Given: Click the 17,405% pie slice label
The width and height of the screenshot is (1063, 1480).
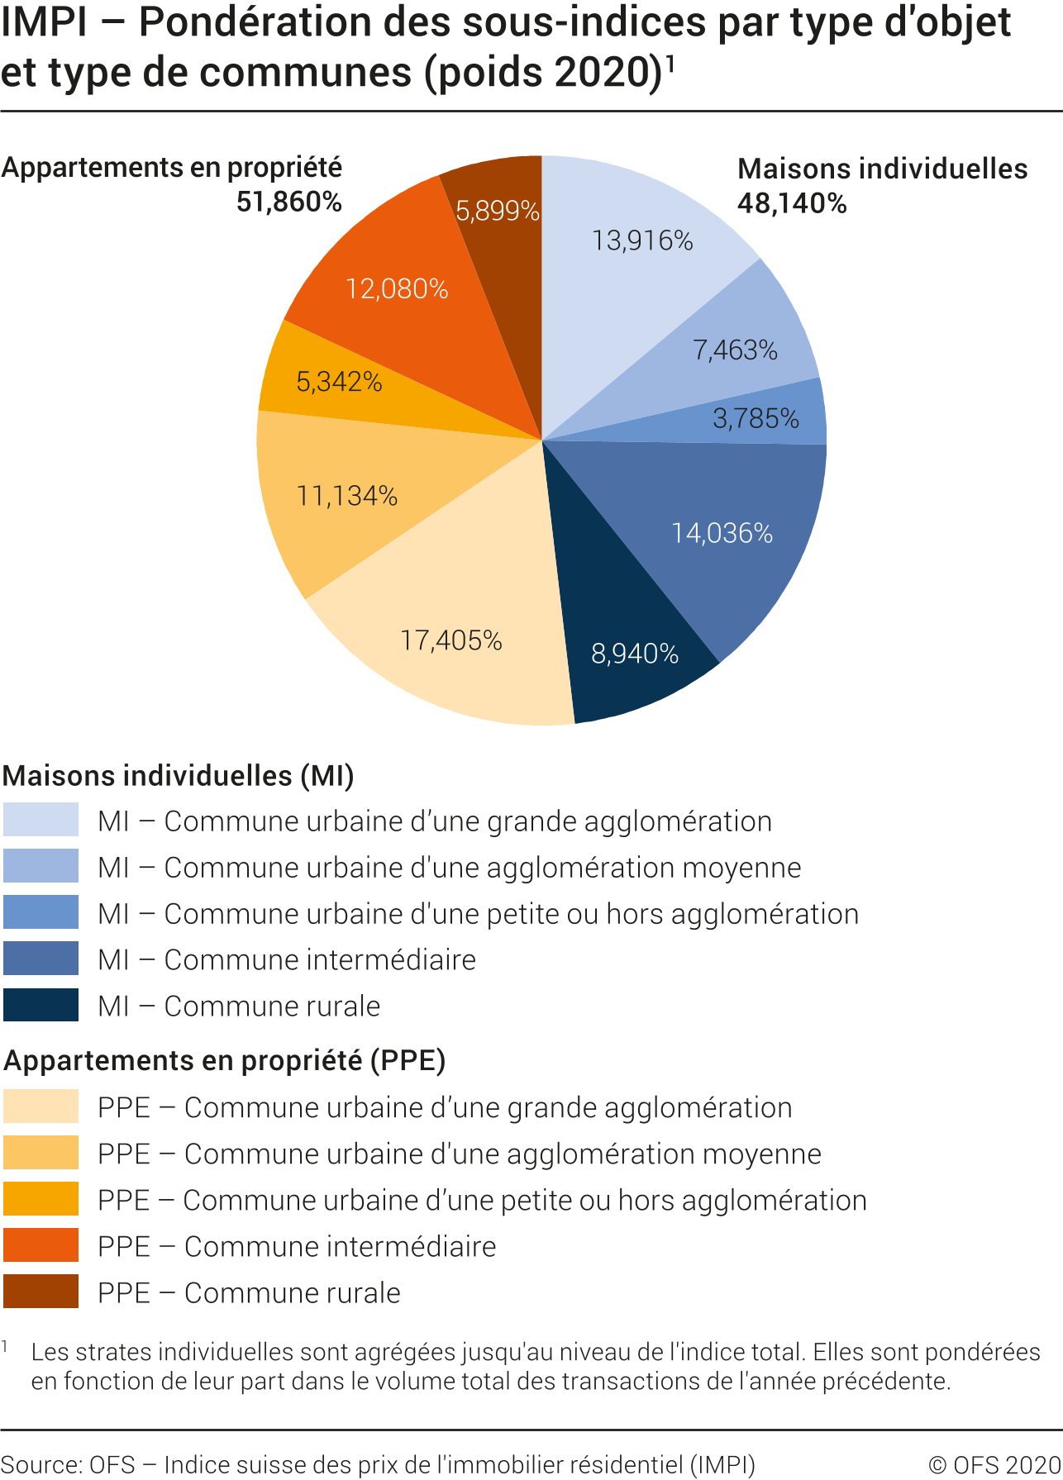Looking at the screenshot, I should pyautogui.click(x=451, y=640).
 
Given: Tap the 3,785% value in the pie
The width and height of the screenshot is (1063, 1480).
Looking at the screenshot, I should pyautogui.click(x=756, y=418).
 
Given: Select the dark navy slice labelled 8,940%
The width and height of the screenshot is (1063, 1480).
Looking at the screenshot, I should pyautogui.click(x=634, y=654).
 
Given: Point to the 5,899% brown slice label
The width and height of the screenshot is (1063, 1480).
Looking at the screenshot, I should pyautogui.click(x=498, y=212).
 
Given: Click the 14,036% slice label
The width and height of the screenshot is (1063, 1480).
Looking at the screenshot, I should pyautogui.click(x=722, y=533).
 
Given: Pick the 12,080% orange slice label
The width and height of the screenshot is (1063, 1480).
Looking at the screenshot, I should pyautogui.click(x=397, y=288).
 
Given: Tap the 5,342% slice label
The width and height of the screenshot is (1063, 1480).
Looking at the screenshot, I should pyautogui.click(x=339, y=382).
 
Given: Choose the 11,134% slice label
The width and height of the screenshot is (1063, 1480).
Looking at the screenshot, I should pyautogui.click(x=347, y=496).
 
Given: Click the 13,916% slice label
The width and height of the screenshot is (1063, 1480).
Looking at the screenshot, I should pyautogui.click(x=642, y=240).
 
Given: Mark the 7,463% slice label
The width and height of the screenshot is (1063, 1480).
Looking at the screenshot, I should pyautogui.click(x=735, y=350).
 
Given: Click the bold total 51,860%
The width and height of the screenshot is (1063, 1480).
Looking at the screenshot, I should pyautogui.click(x=289, y=202).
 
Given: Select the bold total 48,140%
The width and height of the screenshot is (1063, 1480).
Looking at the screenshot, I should pyautogui.click(x=792, y=203).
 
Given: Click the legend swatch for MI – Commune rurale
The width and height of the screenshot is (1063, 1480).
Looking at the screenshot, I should pyautogui.click(x=41, y=1005).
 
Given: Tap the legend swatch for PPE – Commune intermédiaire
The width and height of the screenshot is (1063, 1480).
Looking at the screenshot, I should pyautogui.click(x=41, y=1245).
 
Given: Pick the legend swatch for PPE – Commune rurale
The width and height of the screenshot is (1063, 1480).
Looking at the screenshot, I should pyautogui.click(x=41, y=1292).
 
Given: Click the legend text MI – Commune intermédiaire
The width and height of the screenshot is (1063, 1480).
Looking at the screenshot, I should pyautogui.click(x=287, y=960).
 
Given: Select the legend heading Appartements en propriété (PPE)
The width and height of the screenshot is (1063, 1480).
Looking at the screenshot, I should pyautogui.click(x=225, y=1060).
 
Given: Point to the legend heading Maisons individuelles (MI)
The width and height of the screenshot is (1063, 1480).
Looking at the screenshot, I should pyautogui.click(x=179, y=776).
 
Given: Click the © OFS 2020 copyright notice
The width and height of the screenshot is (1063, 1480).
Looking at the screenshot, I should pyautogui.click(x=994, y=1465).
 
